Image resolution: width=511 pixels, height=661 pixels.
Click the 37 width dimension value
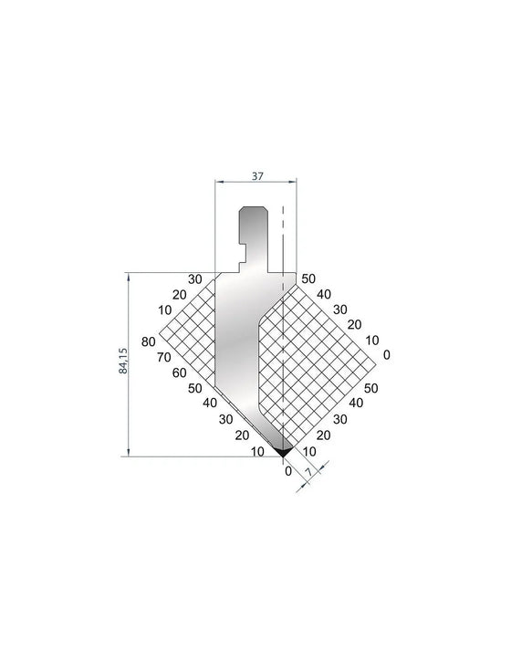click(x=257, y=176)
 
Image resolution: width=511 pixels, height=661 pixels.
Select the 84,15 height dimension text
click(x=123, y=361)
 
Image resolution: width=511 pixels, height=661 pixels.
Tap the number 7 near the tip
click(x=308, y=472)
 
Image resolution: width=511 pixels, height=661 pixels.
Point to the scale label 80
click(x=149, y=341)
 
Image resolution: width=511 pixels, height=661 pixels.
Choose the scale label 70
click(x=164, y=358)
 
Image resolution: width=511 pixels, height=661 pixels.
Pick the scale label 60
click(x=179, y=372)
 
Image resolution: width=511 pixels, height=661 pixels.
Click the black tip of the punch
click(x=283, y=452)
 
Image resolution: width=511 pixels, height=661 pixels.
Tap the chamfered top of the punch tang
click(x=253, y=208)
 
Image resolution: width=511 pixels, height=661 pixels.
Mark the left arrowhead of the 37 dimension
click(x=218, y=182)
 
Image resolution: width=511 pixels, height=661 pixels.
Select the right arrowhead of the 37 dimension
click(x=294, y=182)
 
